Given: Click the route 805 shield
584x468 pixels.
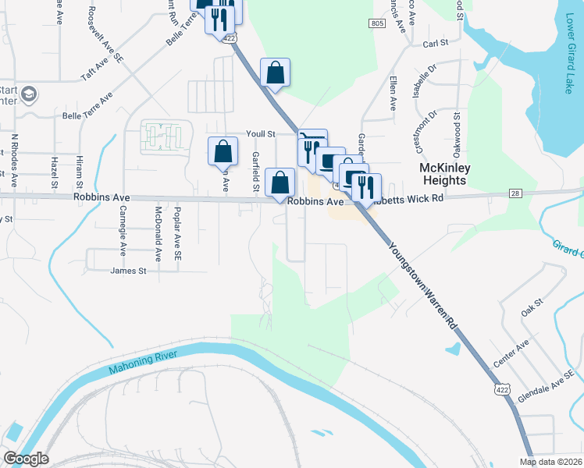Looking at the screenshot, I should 378,24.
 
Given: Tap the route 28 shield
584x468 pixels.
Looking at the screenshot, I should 515,193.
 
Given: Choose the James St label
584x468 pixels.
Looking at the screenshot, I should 129,271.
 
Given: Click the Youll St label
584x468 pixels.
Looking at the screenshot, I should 261,134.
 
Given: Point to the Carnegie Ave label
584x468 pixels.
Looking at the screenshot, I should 123,232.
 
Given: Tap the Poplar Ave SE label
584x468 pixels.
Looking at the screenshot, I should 178,234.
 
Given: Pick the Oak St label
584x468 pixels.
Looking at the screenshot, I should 532,310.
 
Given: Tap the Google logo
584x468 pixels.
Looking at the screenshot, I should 26,459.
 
